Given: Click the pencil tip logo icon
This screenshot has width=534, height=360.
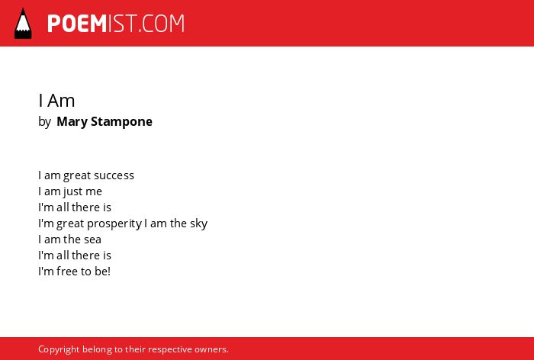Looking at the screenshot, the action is click(23, 24).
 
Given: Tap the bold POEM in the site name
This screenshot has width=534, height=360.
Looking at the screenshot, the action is click(77, 24).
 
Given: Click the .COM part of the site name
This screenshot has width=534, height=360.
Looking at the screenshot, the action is click(162, 24).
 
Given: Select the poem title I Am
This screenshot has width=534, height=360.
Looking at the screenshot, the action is click(56, 101).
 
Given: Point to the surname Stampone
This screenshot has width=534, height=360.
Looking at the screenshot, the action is click(121, 122).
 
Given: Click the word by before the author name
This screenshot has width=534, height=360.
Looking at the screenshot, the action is click(44, 122).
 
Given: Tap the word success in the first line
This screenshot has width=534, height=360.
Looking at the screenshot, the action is click(114, 175).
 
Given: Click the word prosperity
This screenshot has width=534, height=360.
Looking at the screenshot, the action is click(114, 223).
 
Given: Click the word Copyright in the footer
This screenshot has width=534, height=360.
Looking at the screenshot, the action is click(59, 349).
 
